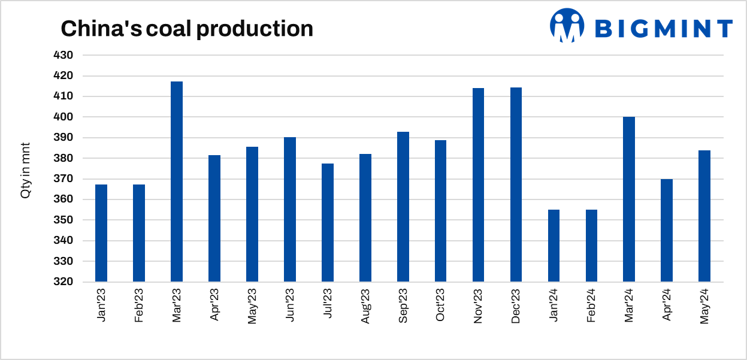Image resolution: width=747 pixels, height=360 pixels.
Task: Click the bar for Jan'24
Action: pos(554,246)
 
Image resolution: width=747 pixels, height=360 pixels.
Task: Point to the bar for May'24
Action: pos(704,216)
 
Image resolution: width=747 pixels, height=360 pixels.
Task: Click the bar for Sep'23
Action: pos(403,207)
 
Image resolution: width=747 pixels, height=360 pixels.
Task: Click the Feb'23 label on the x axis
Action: pos(139,306)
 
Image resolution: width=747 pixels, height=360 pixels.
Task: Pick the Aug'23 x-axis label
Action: pos(365,306)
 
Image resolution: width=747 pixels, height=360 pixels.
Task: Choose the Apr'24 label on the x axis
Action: pos(667,306)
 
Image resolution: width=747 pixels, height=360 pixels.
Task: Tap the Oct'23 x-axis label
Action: pos(441,306)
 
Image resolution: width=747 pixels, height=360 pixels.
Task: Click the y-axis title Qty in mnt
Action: pos(25,168)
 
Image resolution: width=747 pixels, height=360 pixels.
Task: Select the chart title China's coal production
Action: pos(187,29)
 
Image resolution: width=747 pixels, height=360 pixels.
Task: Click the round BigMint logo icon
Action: pos(567,25)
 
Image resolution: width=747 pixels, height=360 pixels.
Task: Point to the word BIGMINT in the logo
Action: pos(664,28)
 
